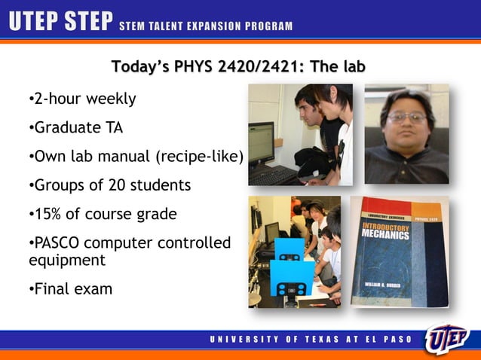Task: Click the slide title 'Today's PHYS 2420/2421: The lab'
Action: pos(238,67)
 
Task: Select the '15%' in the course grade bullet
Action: pos(47,214)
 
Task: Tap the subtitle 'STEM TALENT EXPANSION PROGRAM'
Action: pos(206,27)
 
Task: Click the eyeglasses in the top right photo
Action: pos(406,117)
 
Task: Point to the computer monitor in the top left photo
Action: pos(261,143)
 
